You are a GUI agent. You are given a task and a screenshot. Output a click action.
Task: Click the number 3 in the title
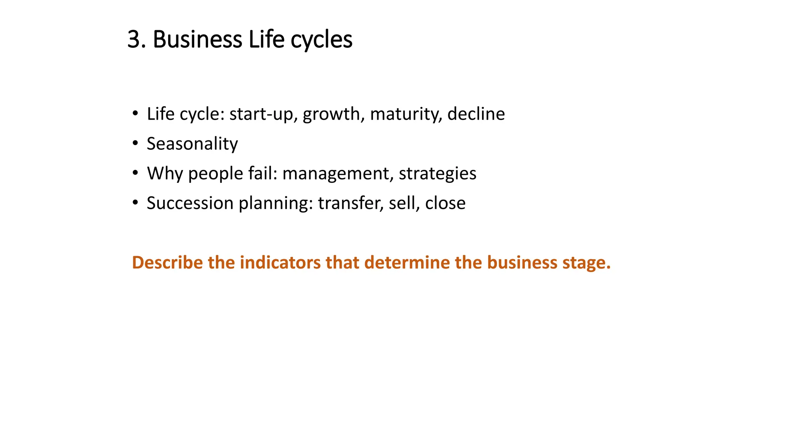134,40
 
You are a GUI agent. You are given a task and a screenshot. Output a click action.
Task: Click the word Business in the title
197,40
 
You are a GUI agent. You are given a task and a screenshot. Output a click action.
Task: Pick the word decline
476,114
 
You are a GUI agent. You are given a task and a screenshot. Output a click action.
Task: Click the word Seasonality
192,144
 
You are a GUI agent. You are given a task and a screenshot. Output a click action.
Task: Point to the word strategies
437,173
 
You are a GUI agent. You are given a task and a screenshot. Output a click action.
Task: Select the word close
445,203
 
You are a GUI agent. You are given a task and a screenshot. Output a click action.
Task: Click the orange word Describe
167,263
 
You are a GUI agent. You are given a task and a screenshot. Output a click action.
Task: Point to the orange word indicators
280,263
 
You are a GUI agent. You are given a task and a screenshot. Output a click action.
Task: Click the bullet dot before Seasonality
135,144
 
